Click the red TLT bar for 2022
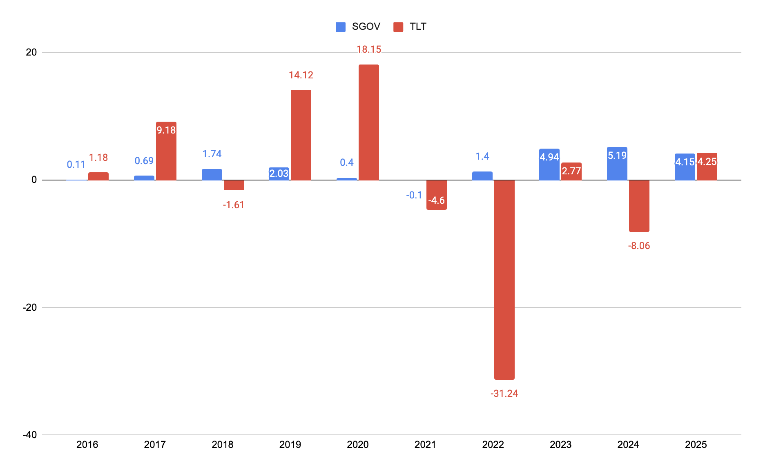[504, 280]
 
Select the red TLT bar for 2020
[369, 122]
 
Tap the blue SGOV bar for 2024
[617, 163]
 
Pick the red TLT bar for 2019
[301, 135]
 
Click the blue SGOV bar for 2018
[212, 174]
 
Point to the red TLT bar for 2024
[639, 206]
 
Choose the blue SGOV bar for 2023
[549, 164]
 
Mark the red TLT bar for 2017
[166, 151]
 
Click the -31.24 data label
[504, 394]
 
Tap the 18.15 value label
[369, 49]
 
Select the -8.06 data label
[639, 246]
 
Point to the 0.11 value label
[76, 165]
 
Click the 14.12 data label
[301, 75]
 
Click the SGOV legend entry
[358, 27]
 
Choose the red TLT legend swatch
[398, 27]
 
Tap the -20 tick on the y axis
[30, 307]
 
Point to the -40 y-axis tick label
[30, 435]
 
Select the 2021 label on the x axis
[425, 445]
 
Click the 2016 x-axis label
[87, 445]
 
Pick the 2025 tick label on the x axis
[696, 445]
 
